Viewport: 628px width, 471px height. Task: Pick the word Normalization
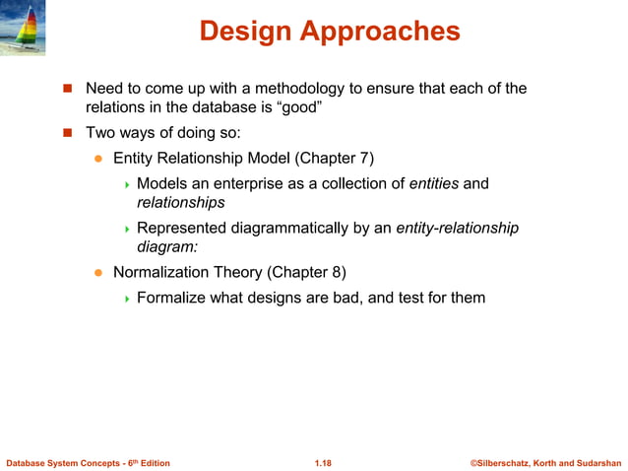point(161,271)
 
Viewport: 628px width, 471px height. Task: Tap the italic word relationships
point(180,203)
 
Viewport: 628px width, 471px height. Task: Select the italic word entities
point(433,183)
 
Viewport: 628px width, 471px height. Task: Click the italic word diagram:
point(167,248)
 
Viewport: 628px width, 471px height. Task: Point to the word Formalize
point(173,297)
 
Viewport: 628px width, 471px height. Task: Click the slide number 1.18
point(323,462)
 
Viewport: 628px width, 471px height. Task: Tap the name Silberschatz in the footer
point(508,462)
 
